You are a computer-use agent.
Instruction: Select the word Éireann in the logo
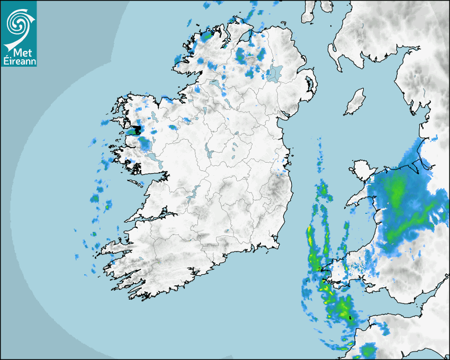pyautogui.click(x=19, y=61)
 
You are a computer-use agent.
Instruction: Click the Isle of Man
pyautogui.click(x=355, y=102)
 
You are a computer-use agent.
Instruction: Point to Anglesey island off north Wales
pyautogui.click(x=360, y=173)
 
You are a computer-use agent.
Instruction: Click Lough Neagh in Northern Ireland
pyautogui.click(x=274, y=73)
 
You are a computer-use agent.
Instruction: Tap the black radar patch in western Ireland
pyautogui.click(x=138, y=129)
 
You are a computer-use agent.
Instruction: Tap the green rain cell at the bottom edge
pyautogui.click(x=367, y=350)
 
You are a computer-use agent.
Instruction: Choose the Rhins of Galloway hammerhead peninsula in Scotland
pyautogui.click(x=334, y=53)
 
